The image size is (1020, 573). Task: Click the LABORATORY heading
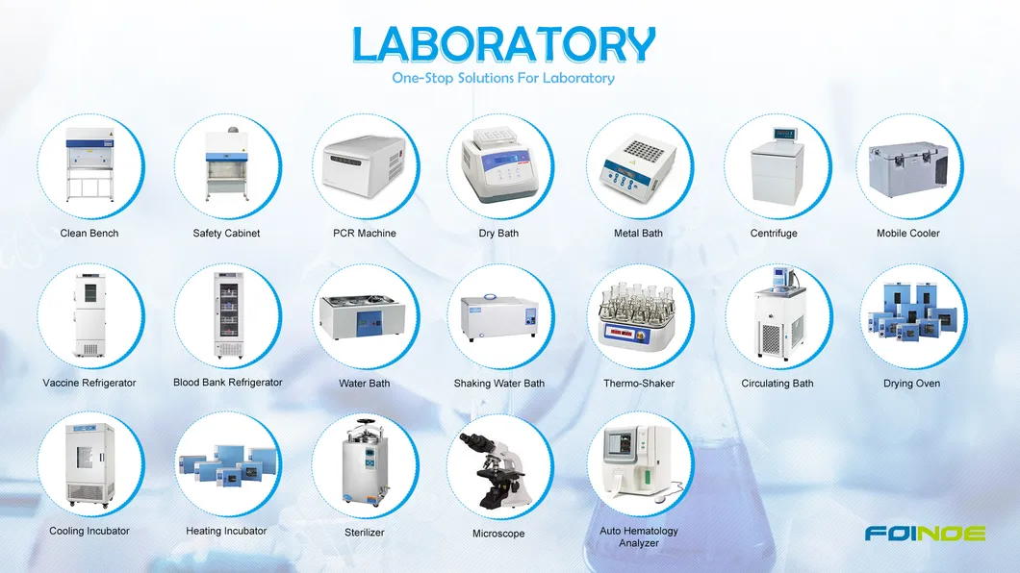coord(503,44)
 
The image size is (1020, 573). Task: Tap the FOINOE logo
coord(924,533)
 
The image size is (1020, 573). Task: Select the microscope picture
coord(498,470)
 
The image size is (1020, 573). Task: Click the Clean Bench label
coord(89,234)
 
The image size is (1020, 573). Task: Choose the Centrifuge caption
coord(774,234)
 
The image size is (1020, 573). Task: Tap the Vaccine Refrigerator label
coord(89,384)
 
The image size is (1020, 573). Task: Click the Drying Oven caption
coord(911,384)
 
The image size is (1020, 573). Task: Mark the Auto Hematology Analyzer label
coord(639,536)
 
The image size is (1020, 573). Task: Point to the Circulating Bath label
coord(777,384)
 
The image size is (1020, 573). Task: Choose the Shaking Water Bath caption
coord(498,384)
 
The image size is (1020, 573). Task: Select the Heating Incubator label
coord(226,531)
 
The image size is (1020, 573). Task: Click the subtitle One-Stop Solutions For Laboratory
coord(503,78)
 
